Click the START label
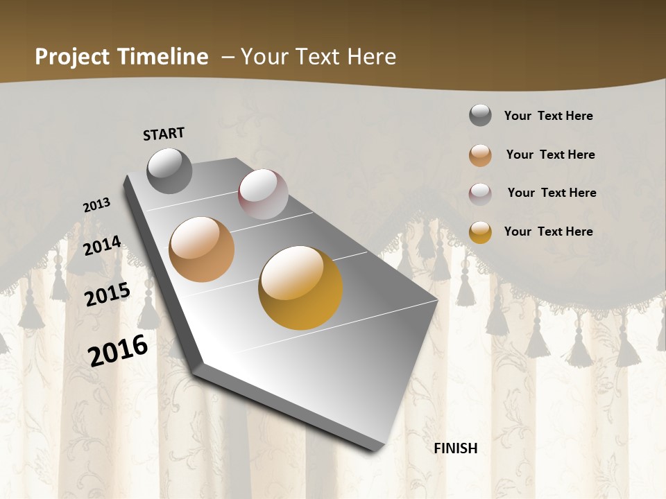click(x=164, y=134)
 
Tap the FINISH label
click(x=456, y=448)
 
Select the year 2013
click(x=97, y=205)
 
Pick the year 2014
click(x=103, y=246)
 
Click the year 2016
click(x=118, y=350)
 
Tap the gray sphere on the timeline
click(x=170, y=170)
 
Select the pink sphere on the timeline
click(x=263, y=194)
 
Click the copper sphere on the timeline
click(x=202, y=249)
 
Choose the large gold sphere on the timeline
click(x=300, y=288)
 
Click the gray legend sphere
click(x=480, y=116)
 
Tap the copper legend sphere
click(x=480, y=155)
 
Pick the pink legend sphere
click(x=480, y=193)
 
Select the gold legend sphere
click(x=480, y=232)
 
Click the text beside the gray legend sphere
click(x=549, y=116)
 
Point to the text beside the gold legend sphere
click(x=549, y=231)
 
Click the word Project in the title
click(x=72, y=57)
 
